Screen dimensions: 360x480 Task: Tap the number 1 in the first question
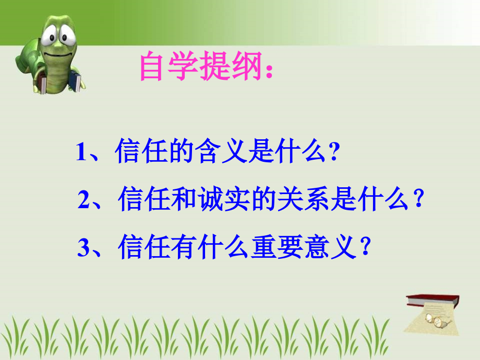point(81,153)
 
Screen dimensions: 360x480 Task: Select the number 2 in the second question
point(84,201)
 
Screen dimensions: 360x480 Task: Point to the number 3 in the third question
point(83,248)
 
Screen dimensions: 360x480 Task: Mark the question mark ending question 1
point(334,154)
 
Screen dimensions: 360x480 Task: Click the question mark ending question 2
point(417,201)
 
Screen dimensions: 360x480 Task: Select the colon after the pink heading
point(269,73)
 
